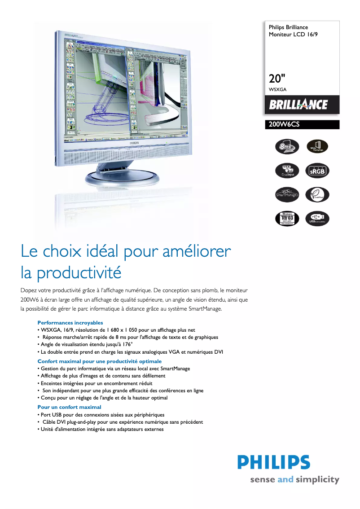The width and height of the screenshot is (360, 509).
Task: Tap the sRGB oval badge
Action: [x=317, y=171]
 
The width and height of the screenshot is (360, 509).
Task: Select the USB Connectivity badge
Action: [x=317, y=219]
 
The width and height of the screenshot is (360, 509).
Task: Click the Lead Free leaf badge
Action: [x=317, y=195]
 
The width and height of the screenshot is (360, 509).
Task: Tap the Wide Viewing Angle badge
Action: [x=317, y=146]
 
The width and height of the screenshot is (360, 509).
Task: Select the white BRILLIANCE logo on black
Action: [x=299, y=105]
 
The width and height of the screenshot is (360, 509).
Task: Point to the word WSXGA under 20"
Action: [x=278, y=90]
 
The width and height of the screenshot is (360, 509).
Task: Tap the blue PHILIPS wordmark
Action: [x=274, y=463]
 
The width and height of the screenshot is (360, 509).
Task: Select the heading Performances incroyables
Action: [x=70, y=323]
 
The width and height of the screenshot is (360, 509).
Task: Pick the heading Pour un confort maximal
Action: [x=69, y=407]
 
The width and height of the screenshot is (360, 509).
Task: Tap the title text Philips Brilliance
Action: [x=288, y=27]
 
